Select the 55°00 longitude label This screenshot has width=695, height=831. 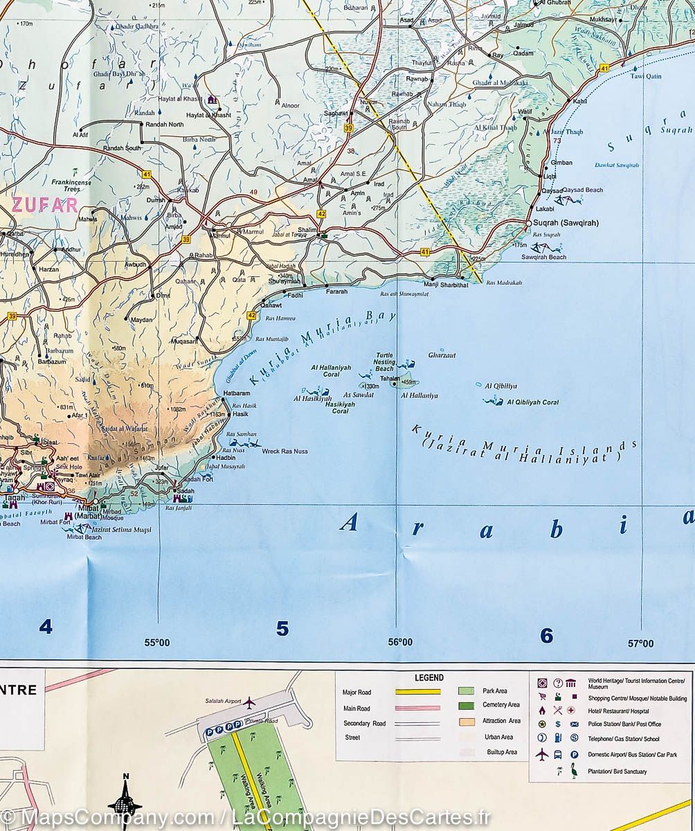(x=157, y=643)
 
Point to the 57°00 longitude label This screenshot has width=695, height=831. (x=640, y=643)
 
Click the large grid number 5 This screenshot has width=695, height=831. (x=282, y=629)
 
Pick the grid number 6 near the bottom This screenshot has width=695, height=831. (x=546, y=635)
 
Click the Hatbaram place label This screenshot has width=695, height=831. (x=237, y=393)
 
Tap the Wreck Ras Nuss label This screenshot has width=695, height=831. (x=285, y=452)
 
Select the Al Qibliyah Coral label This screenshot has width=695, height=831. (x=532, y=402)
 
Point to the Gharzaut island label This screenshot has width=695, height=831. (x=442, y=355)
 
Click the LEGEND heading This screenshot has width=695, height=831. (x=428, y=678)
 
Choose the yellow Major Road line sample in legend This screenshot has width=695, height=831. (x=417, y=692)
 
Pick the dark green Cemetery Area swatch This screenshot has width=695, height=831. (x=466, y=706)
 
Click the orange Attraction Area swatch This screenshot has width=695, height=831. (x=466, y=721)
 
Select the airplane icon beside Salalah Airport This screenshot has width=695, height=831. (x=249, y=702)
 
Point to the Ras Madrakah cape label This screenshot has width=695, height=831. (x=504, y=283)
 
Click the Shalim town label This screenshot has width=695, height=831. (x=307, y=231)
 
